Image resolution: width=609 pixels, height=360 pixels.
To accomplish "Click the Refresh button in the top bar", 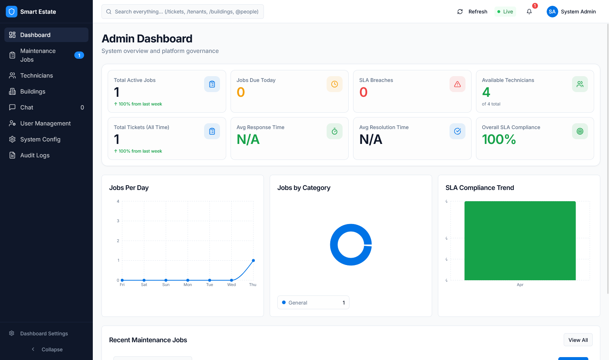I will click(x=472, y=12).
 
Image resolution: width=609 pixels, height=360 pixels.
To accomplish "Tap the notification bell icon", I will click(x=529, y=12).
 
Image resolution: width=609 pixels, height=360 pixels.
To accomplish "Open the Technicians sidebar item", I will click(x=36, y=75).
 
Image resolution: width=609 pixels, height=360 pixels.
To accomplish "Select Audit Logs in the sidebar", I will click(x=35, y=155).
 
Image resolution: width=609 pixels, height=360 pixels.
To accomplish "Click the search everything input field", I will click(x=183, y=12).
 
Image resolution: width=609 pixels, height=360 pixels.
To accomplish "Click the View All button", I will click(x=578, y=340).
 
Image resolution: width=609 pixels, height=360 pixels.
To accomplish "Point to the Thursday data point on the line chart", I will click(x=253, y=260).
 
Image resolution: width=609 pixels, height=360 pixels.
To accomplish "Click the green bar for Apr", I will click(x=520, y=241).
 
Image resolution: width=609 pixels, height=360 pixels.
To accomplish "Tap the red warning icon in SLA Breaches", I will click(x=457, y=84).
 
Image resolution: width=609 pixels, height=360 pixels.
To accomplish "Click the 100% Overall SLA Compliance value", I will click(x=499, y=140).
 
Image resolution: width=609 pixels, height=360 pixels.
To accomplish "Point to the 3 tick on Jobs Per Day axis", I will click(x=118, y=221).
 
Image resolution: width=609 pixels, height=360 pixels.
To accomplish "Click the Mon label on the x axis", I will click(x=188, y=285).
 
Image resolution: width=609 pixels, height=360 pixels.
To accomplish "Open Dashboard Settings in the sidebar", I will click(x=44, y=334).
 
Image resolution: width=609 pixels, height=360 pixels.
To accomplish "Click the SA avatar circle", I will click(x=552, y=12).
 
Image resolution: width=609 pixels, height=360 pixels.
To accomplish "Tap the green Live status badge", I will click(x=505, y=12).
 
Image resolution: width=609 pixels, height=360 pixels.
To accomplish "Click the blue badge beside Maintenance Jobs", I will click(x=79, y=55).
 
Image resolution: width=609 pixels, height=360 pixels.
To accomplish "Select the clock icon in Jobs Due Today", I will click(x=335, y=84).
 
